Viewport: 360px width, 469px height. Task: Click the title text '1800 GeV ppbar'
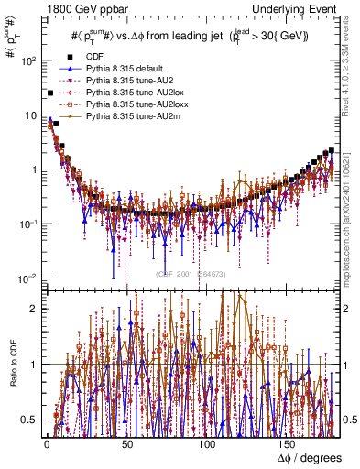(74, 8)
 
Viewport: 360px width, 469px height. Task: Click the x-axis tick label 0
(46, 444)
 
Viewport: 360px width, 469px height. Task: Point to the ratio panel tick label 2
(34, 309)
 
